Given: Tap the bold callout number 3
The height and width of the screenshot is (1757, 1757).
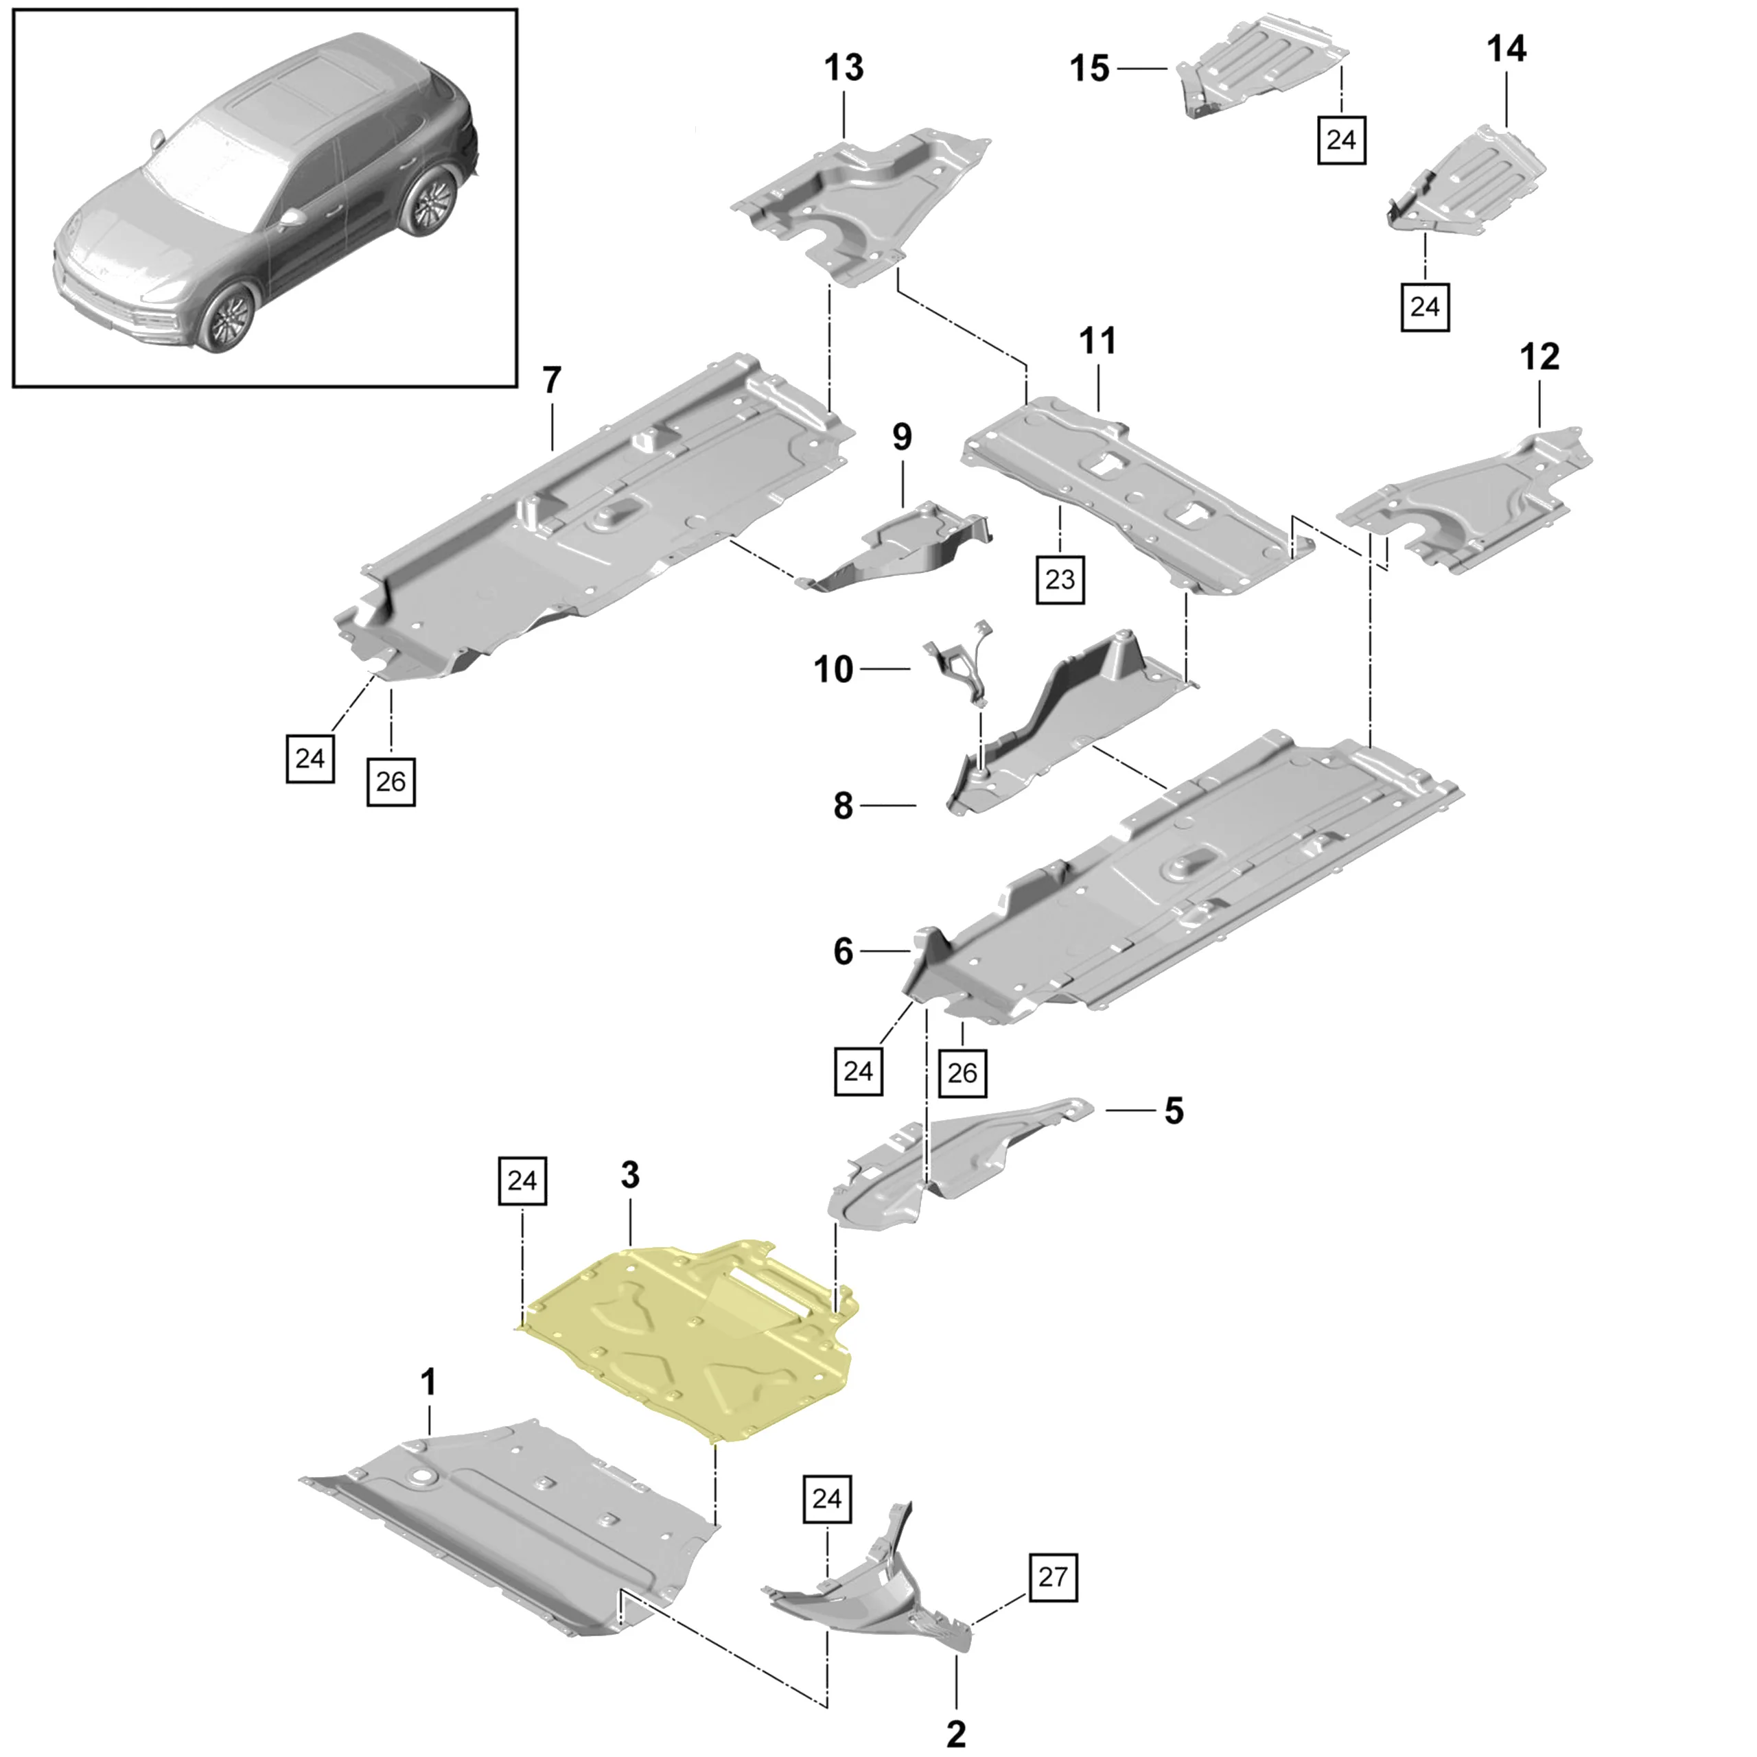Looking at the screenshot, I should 630,1175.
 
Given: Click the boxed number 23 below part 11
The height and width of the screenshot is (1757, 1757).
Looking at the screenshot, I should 1060,579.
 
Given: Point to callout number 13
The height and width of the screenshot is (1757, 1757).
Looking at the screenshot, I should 844,67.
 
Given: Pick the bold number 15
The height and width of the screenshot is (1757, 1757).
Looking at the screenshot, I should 1089,68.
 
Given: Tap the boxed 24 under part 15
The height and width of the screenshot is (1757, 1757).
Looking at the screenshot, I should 1341,140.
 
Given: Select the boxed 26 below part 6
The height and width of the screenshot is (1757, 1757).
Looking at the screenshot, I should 962,1073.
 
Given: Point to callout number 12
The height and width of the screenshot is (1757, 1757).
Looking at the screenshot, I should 1539,356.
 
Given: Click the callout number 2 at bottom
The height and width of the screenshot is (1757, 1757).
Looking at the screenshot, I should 956,1734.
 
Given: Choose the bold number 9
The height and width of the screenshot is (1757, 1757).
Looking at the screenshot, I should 901,437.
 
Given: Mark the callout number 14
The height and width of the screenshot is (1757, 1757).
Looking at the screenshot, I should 1506,48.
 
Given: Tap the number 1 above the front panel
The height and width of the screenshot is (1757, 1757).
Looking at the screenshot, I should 428,1383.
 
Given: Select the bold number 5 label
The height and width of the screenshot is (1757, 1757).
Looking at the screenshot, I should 1174,1111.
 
